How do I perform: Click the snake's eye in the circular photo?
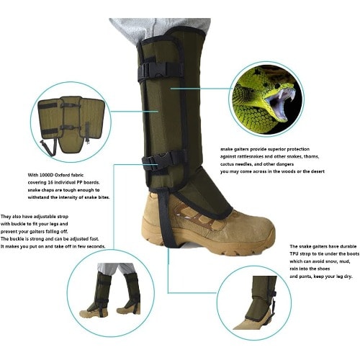pyautogui.click(x=277, y=86)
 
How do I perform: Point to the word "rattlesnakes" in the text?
pyautogui.click(x=251, y=156)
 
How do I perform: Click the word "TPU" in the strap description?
pyautogui.click(x=294, y=253)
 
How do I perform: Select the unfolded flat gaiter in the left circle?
pyautogui.click(x=71, y=125)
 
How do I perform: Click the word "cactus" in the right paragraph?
pyautogui.click(x=227, y=164)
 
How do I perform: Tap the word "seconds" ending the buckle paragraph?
pyautogui.click(x=96, y=246)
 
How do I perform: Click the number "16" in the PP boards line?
pyautogui.click(x=50, y=182)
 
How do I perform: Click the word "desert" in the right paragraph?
pyautogui.click(x=318, y=171)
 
